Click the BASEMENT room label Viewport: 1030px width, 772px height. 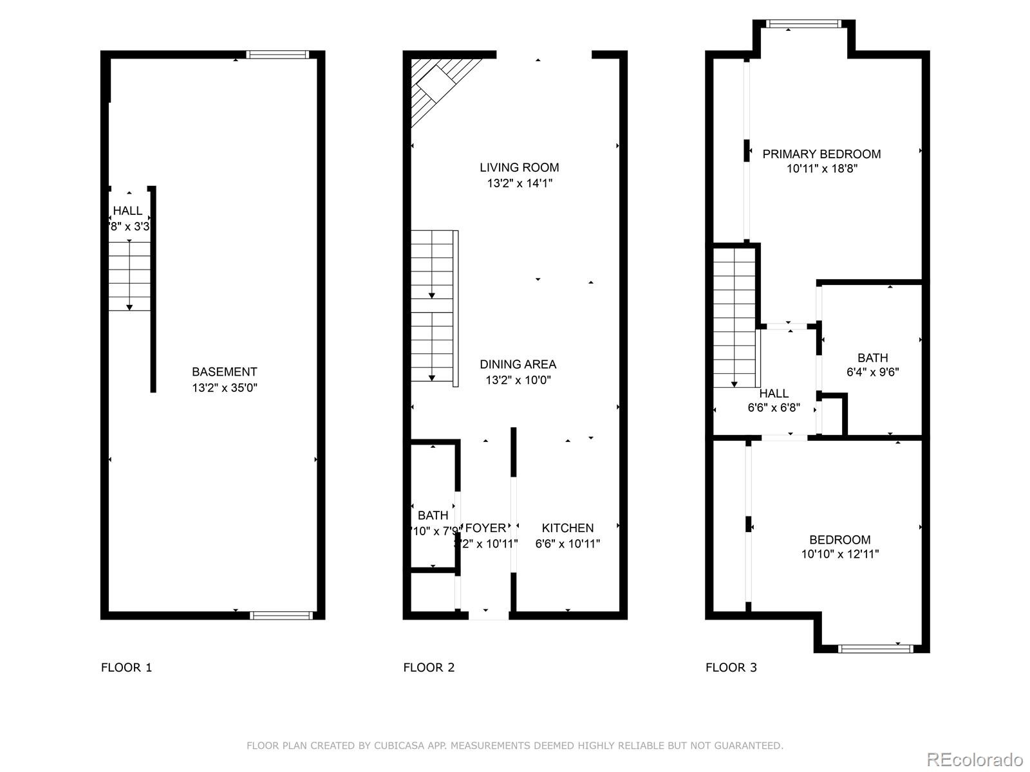tap(224, 372)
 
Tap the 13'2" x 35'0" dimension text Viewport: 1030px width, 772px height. tap(224, 388)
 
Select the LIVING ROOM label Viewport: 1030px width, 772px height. tap(519, 168)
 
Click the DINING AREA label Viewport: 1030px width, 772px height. tap(518, 364)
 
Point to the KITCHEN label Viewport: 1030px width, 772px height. tap(567, 528)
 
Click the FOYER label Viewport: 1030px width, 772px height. tap(485, 528)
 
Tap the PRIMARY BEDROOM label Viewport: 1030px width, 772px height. tap(821, 154)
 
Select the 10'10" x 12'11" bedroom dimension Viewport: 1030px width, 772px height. tap(839, 554)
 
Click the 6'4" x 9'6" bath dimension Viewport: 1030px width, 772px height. tap(872, 372)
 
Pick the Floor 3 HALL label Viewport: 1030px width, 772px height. tap(774, 394)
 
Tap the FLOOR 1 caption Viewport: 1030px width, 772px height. tap(126, 668)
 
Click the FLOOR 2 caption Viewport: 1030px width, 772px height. tap(429, 668)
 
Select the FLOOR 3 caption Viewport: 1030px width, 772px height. tap(731, 668)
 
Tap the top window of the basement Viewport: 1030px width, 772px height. tap(278, 55)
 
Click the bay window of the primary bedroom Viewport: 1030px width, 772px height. tap(803, 24)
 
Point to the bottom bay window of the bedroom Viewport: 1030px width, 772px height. tap(876, 648)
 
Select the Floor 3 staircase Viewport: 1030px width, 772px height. tap(734, 318)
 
